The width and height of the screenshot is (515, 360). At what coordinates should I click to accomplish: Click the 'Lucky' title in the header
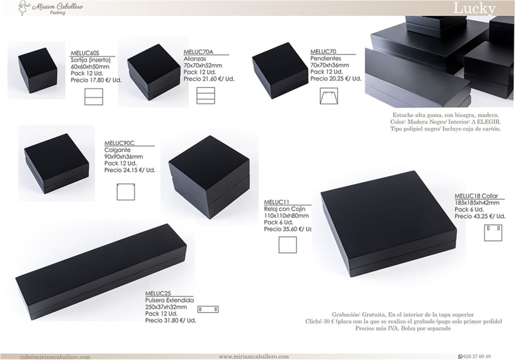pos(474,8)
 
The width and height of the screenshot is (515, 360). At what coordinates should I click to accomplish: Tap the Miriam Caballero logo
pos(50,7)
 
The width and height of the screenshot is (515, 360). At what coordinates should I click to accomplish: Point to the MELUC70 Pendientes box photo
pos(280,70)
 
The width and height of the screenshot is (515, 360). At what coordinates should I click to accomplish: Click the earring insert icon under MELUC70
pos(329,96)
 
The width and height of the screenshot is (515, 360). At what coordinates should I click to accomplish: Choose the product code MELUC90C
pos(119,143)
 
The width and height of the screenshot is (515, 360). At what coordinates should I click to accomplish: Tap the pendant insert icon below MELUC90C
pos(126,192)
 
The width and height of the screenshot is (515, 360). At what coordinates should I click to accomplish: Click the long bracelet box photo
pos(101,272)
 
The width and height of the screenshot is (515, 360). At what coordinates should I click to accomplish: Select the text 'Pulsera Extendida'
pos(169,300)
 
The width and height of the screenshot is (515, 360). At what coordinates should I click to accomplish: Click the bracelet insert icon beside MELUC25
pos(208,310)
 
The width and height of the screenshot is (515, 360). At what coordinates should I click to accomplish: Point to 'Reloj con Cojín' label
pos(284,209)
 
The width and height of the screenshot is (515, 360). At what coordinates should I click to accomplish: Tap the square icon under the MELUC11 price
pos(288,245)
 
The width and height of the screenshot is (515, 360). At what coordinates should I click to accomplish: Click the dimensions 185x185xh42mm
pos(477,203)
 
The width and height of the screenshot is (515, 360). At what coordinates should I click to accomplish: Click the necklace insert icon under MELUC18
pos(493,232)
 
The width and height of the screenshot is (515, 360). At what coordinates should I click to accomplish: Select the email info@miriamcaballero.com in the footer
pos(55,357)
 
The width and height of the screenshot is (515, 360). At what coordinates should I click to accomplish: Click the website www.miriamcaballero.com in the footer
pos(254,357)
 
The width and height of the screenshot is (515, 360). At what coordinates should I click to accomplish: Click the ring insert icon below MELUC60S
pos(94,97)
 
